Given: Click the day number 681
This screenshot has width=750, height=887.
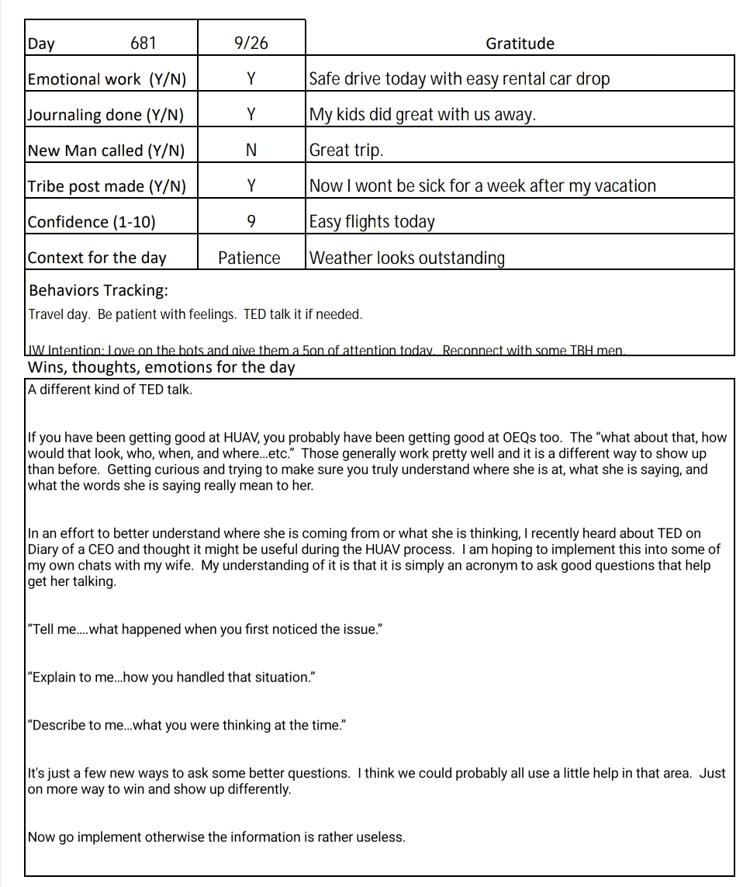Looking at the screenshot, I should click(143, 43).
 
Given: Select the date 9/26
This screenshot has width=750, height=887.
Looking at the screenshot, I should click(251, 43).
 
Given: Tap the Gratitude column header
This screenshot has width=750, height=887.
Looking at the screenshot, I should click(520, 43).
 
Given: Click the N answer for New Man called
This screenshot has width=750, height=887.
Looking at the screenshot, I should click(251, 151).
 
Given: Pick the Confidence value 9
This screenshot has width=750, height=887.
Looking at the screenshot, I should click(251, 222).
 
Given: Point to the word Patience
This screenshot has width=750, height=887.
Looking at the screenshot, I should click(249, 258).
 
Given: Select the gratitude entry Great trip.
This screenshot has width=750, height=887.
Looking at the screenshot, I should click(346, 151).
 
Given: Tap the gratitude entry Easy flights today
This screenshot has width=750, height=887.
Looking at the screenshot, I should click(372, 222).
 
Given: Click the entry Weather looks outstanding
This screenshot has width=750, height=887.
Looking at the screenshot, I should click(406, 258).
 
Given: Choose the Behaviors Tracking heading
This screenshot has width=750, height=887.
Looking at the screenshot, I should click(99, 291).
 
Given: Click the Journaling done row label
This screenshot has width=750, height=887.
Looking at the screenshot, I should click(105, 115).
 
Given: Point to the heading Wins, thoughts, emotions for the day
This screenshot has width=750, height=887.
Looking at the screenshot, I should click(161, 367).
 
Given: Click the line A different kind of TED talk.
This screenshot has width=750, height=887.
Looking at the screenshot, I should click(109, 390).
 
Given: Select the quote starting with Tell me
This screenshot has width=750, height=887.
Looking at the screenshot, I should click(205, 629).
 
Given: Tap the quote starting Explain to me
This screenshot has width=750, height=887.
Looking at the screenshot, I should click(170, 677).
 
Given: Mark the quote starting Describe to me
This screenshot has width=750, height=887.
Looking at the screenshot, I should click(186, 726).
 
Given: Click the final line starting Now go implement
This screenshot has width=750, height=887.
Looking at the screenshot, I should click(216, 837).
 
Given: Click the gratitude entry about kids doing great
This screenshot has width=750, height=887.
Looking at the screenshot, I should click(423, 115).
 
